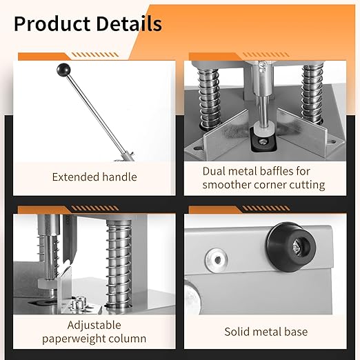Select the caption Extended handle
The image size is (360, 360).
click(x=94, y=177)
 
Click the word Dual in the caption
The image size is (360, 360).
click(x=214, y=170)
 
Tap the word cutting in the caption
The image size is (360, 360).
click(x=304, y=185)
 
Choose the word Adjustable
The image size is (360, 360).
click(x=94, y=325)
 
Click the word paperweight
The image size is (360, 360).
click(x=77, y=339)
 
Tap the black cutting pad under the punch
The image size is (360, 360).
click(x=263, y=141)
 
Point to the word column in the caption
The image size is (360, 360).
click(x=128, y=339)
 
